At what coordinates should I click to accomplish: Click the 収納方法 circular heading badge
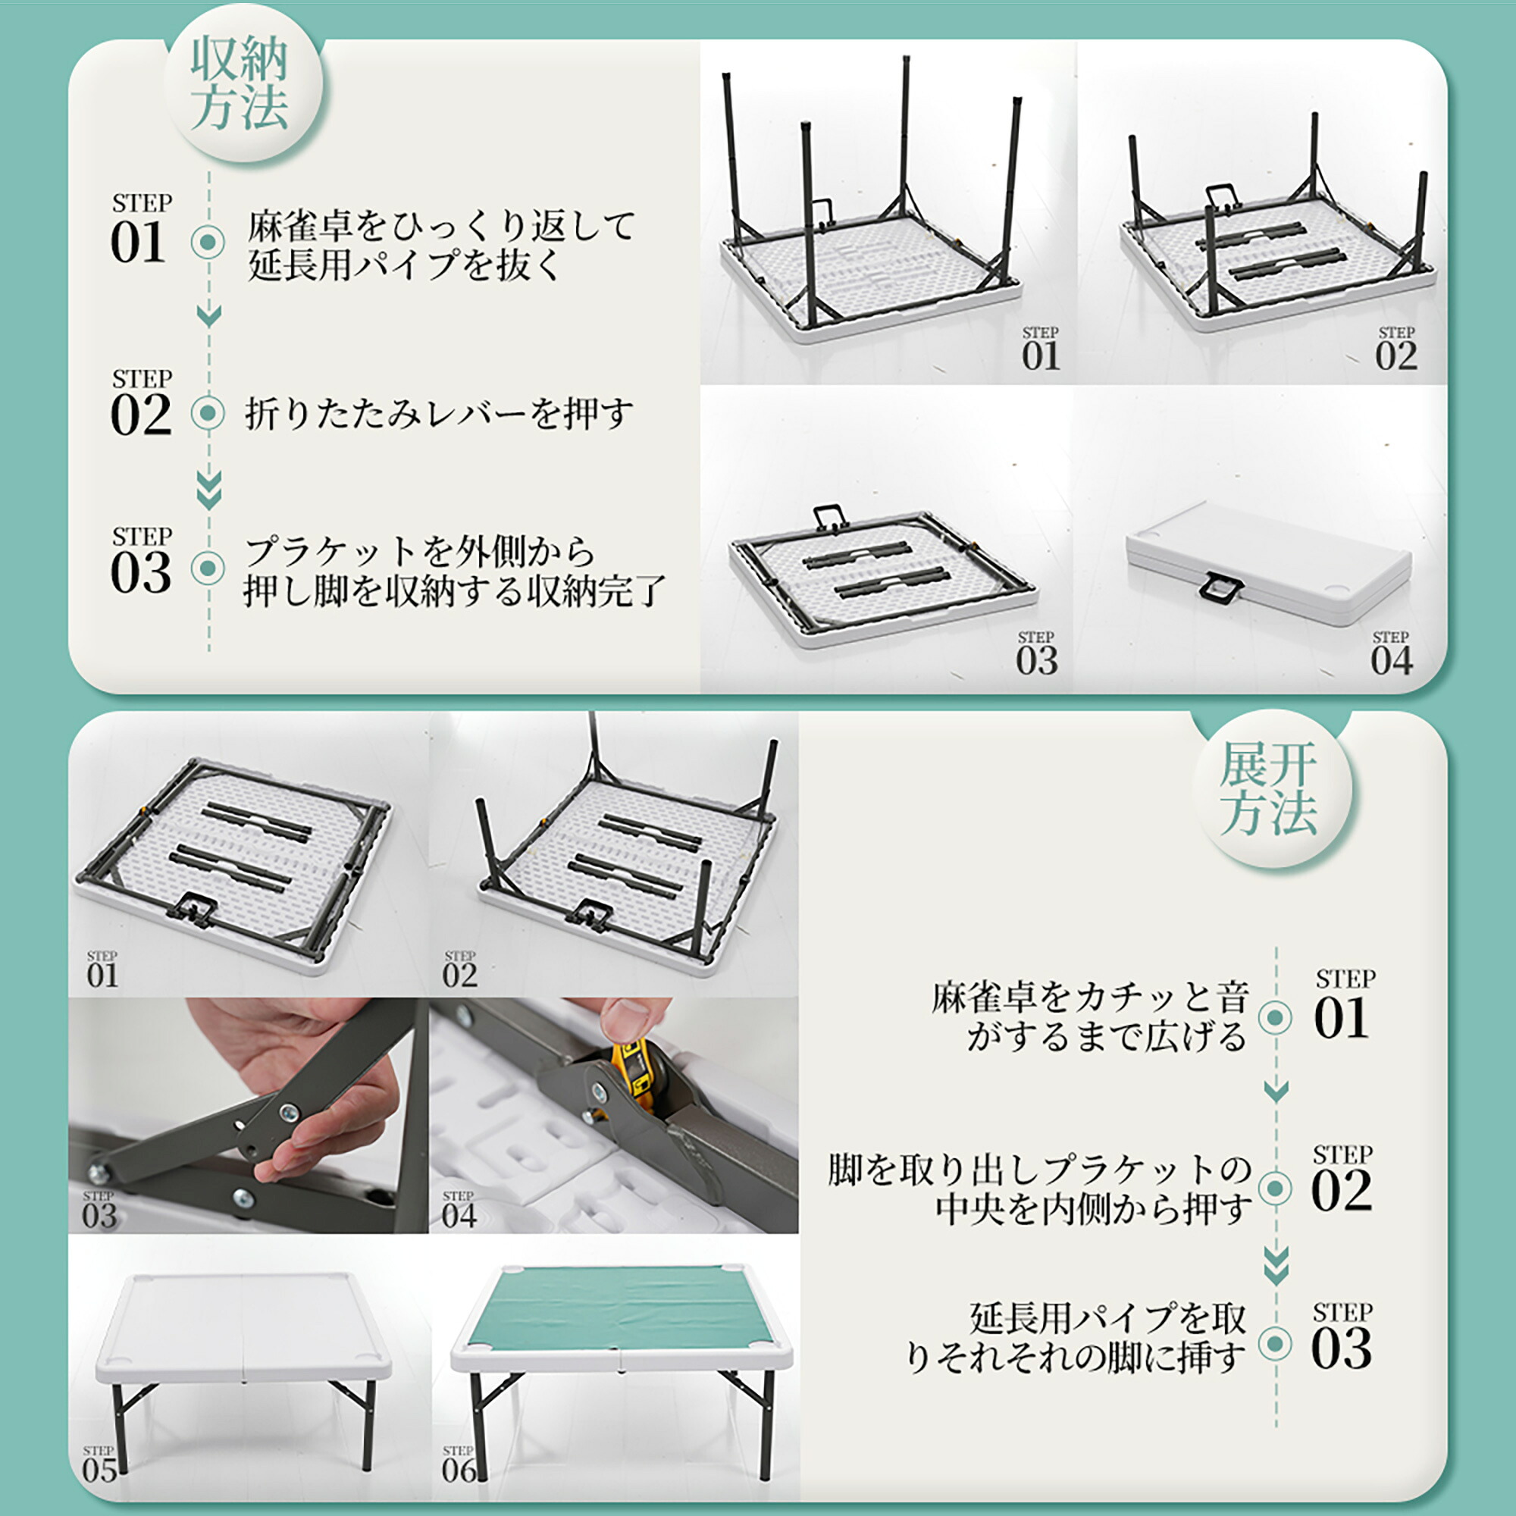[x=243, y=83]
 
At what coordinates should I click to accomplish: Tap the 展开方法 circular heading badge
[x=1272, y=788]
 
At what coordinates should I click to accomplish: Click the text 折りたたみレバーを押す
[x=439, y=414]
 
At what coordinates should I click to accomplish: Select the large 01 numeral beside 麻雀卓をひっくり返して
[x=139, y=243]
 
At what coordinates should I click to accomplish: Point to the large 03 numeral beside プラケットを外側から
[x=140, y=572]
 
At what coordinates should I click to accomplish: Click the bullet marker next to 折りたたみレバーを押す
[x=208, y=413]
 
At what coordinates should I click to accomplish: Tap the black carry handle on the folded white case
[x=1222, y=587]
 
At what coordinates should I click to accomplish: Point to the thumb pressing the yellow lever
[x=632, y=1020]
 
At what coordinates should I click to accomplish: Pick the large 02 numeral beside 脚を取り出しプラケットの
[x=1342, y=1190]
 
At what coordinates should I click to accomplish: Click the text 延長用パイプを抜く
[x=404, y=264]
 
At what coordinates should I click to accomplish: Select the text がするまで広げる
[x=1107, y=1036]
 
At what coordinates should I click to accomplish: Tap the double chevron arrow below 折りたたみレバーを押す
[x=208, y=490]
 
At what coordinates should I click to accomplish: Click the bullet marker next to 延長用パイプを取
[x=1275, y=1344]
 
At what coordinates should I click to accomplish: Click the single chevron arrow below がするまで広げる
[x=1276, y=1090]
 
